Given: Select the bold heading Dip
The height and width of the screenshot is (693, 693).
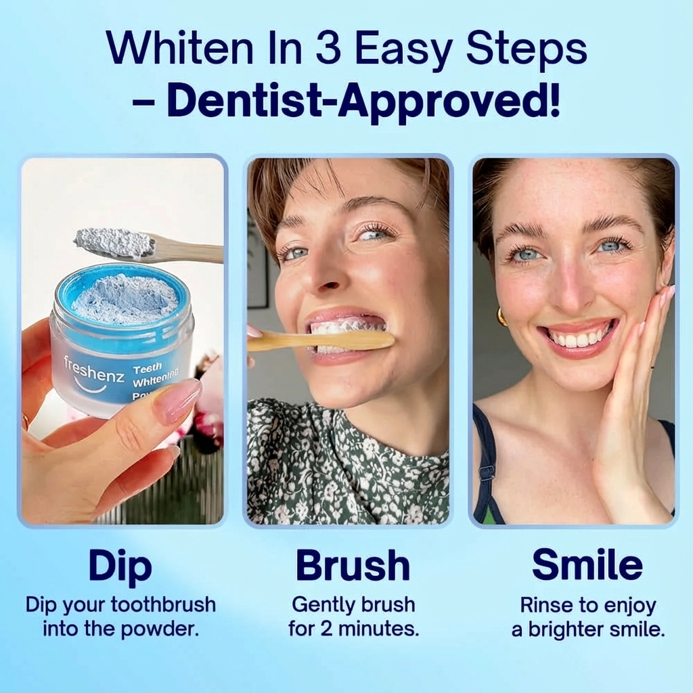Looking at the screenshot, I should click(x=120, y=566).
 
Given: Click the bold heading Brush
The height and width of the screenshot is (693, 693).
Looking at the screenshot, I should click(x=353, y=566).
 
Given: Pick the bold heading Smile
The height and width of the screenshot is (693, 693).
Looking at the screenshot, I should click(x=587, y=565).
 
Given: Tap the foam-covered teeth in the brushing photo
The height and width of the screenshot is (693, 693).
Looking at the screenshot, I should click(x=345, y=326).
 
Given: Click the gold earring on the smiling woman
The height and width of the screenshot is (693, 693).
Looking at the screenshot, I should click(x=501, y=317).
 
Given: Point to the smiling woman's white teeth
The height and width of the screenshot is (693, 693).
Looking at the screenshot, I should click(x=579, y=337).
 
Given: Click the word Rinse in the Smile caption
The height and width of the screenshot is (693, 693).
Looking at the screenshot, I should click(x=545, y=604).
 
